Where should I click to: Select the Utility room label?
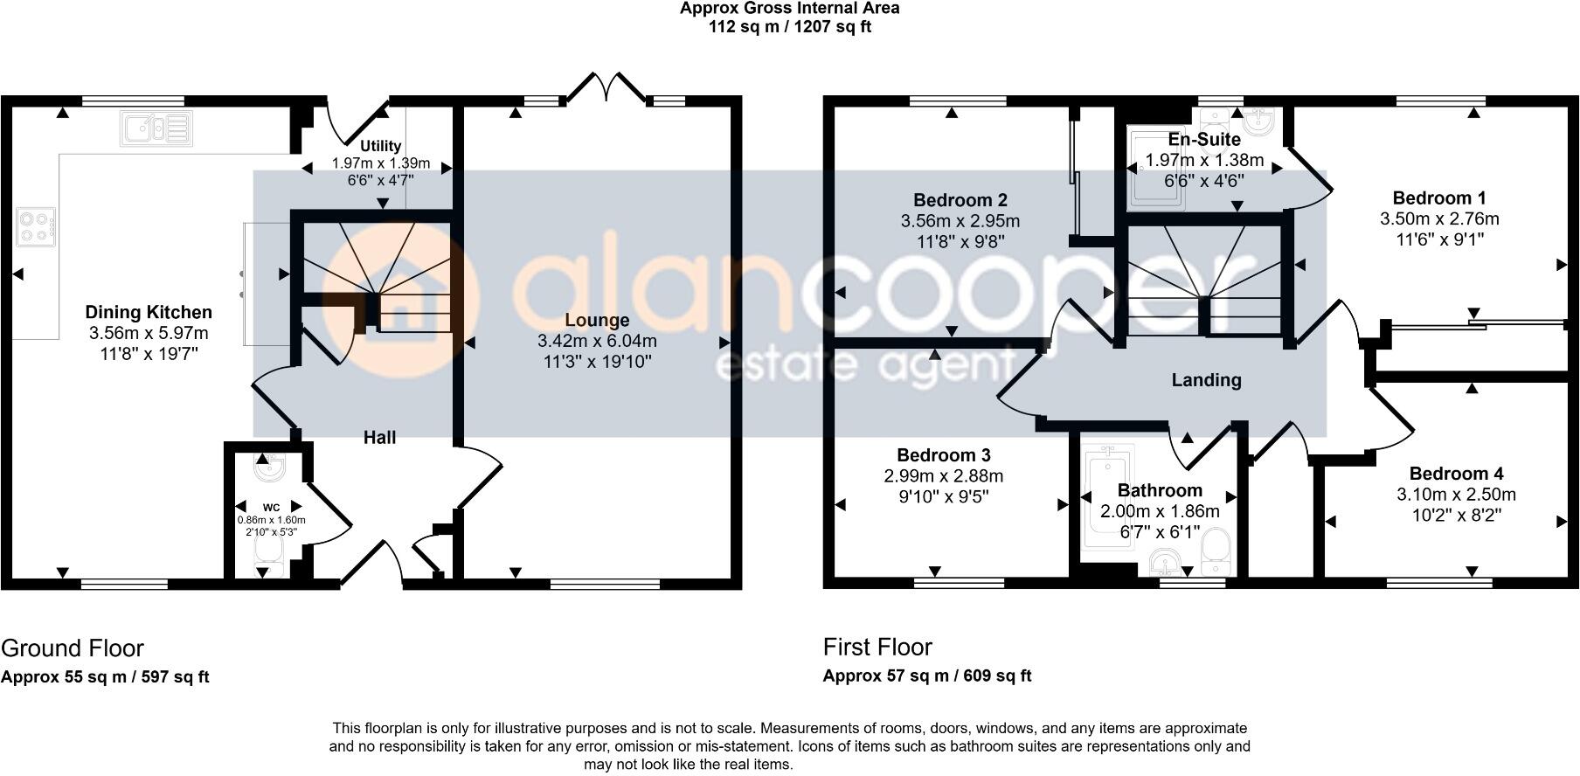tap(381, 146)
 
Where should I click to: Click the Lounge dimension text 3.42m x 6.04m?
tap(597, 341)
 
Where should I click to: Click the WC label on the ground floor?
tap(271, 507)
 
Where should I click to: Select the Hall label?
tap(379, 437)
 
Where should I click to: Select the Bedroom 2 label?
tap(960, 200)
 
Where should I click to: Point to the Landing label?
tap(1206, 379)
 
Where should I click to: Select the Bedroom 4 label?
tap(1456, 474)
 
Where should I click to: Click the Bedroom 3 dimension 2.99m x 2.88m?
tap(943, 476)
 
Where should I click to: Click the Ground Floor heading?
tap(73, 648)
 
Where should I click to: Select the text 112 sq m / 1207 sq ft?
tap(789, 26)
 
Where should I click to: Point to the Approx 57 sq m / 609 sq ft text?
tap(927, 676)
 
